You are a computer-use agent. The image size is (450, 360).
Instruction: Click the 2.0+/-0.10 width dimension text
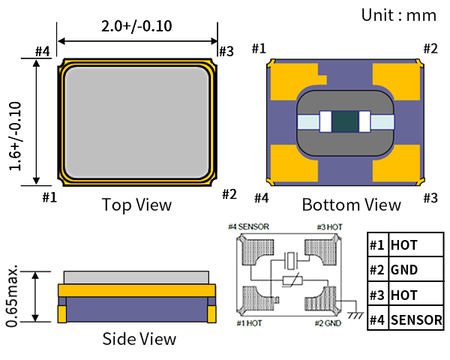pos(136,26)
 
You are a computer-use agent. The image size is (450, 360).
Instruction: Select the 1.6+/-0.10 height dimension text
pos(15,136)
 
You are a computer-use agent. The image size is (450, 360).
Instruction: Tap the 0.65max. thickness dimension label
pos(12,296)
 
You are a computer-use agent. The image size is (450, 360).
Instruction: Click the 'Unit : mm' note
pos(399,15)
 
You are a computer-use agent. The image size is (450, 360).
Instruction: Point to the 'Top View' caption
pos(136,205)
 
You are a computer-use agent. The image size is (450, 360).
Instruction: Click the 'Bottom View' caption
pos(351,205)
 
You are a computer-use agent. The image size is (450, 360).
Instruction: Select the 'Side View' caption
pos(139,339)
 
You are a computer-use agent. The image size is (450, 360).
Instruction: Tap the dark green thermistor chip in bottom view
pos(345,121)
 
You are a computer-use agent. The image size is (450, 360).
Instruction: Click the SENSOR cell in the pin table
pos(416,319)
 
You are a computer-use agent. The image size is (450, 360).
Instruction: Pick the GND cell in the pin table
pos(416,269)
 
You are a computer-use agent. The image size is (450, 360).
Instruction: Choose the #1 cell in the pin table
pos(378,245)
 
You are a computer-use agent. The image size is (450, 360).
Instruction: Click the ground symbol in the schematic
pos(355,315)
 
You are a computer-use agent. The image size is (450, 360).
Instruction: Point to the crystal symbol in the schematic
pos(290,261)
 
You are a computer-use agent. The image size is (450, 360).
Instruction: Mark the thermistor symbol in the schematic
pos(292,280)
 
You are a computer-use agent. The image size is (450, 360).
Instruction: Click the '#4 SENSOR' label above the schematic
pos(248,226)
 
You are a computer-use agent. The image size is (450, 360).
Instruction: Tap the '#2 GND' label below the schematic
pos(328,323)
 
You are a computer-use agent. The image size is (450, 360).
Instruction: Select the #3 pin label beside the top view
pos(226,52)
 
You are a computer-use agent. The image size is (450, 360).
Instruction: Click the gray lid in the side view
pos(136,277)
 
